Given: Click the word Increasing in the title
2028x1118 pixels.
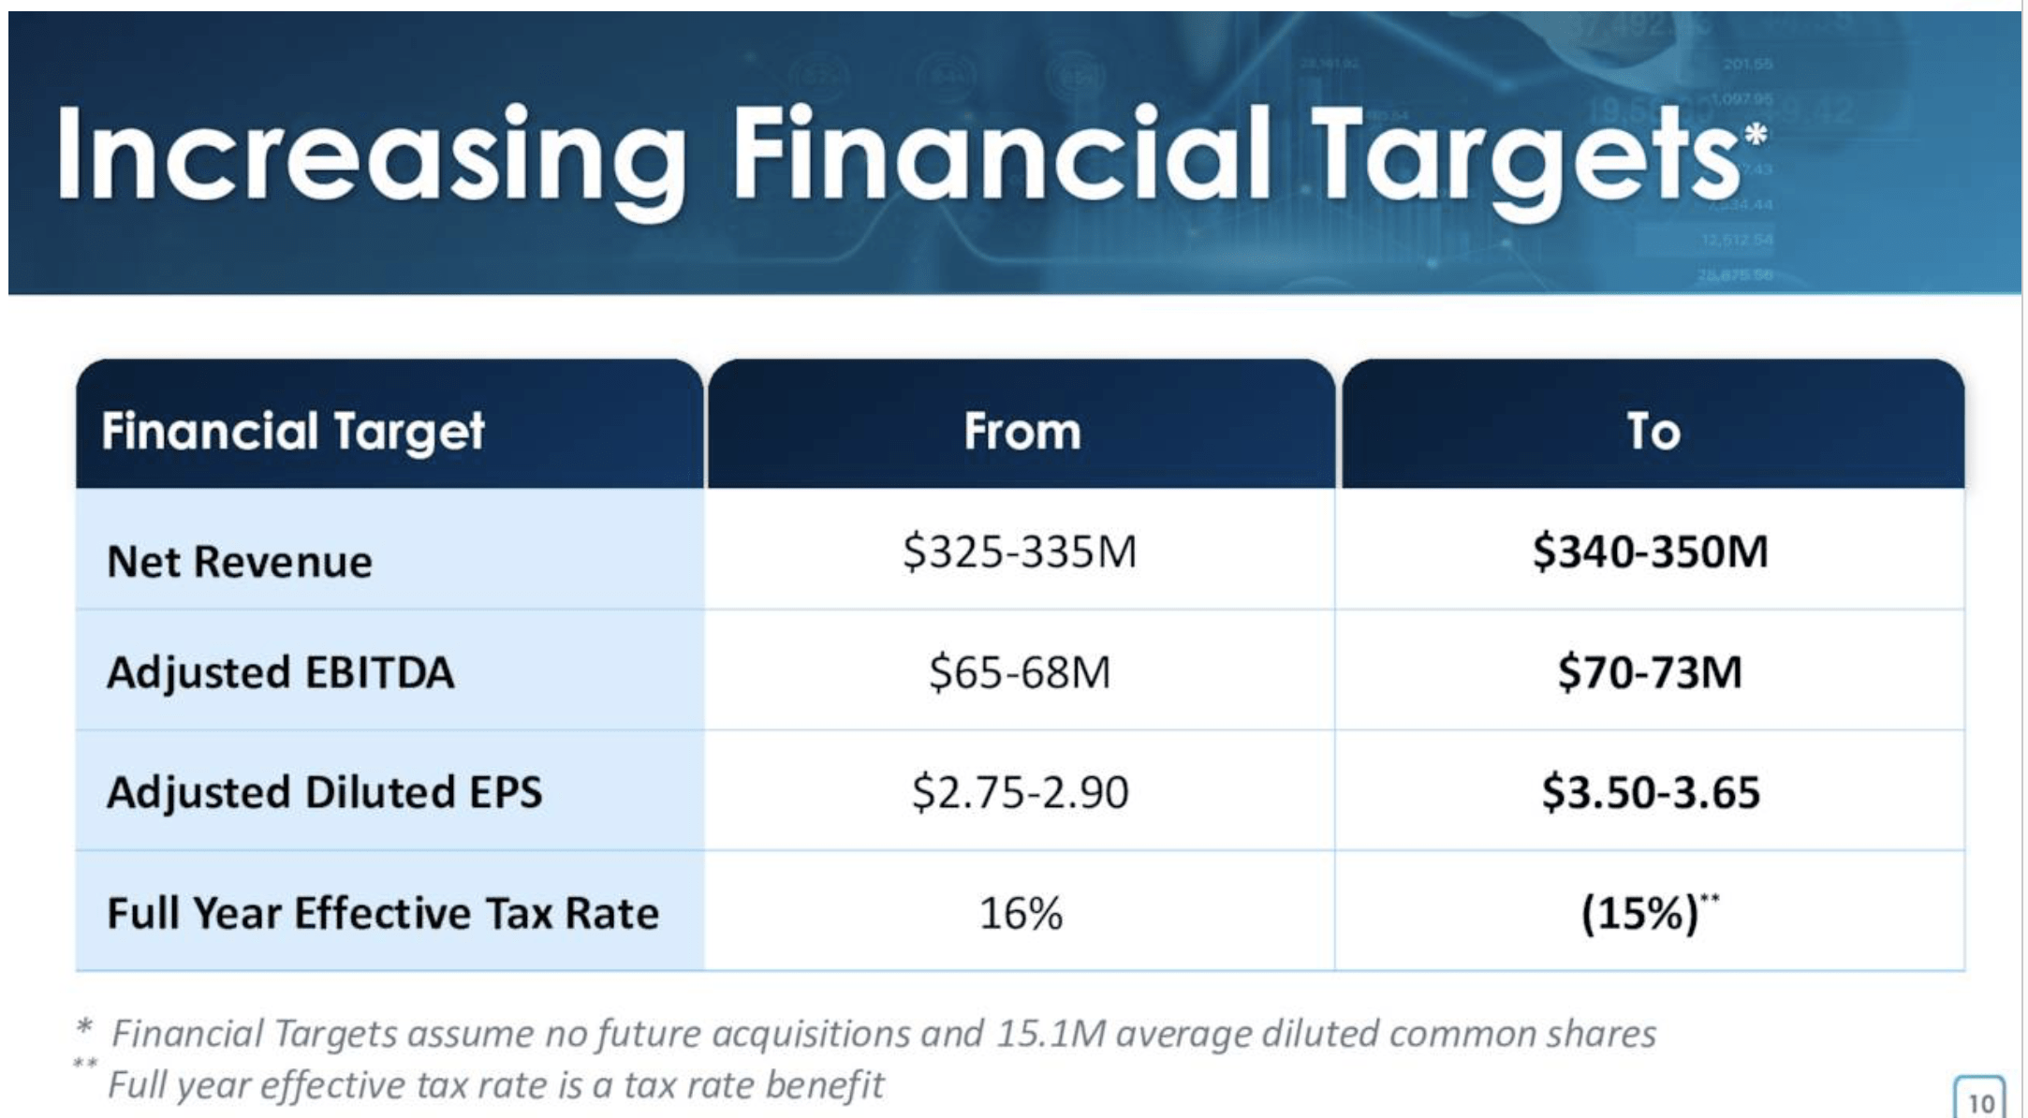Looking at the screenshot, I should pos(370,154).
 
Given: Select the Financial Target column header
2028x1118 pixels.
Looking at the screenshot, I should pos(293,432).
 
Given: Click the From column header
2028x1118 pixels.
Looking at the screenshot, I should pos(1021,432).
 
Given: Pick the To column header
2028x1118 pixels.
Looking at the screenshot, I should pos(1653,432).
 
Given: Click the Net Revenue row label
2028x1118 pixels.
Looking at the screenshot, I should pos(240,562).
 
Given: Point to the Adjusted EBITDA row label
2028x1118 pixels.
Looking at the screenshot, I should pos(281,672).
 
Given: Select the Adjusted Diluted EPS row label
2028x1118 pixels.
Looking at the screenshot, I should pos(325,792).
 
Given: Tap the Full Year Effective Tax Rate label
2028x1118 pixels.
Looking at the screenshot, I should pos(383,913).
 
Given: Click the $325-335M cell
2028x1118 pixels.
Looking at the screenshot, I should pos(1020,551).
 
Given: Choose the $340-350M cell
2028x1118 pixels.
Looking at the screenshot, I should pos(1651,551).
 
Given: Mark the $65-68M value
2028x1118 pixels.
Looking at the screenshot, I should pos(1020,672).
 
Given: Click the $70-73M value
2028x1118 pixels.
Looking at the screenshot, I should pos(1651,672).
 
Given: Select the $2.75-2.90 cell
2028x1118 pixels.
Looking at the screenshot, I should pos(1020,792).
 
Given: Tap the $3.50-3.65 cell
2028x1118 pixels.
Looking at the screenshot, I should pos(1651,792).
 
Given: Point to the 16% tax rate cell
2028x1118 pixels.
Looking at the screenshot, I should pos(1021,913).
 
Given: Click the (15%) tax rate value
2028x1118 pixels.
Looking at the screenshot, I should pos(1640,913).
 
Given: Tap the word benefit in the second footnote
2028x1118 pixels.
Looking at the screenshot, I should pos(824,1085).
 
